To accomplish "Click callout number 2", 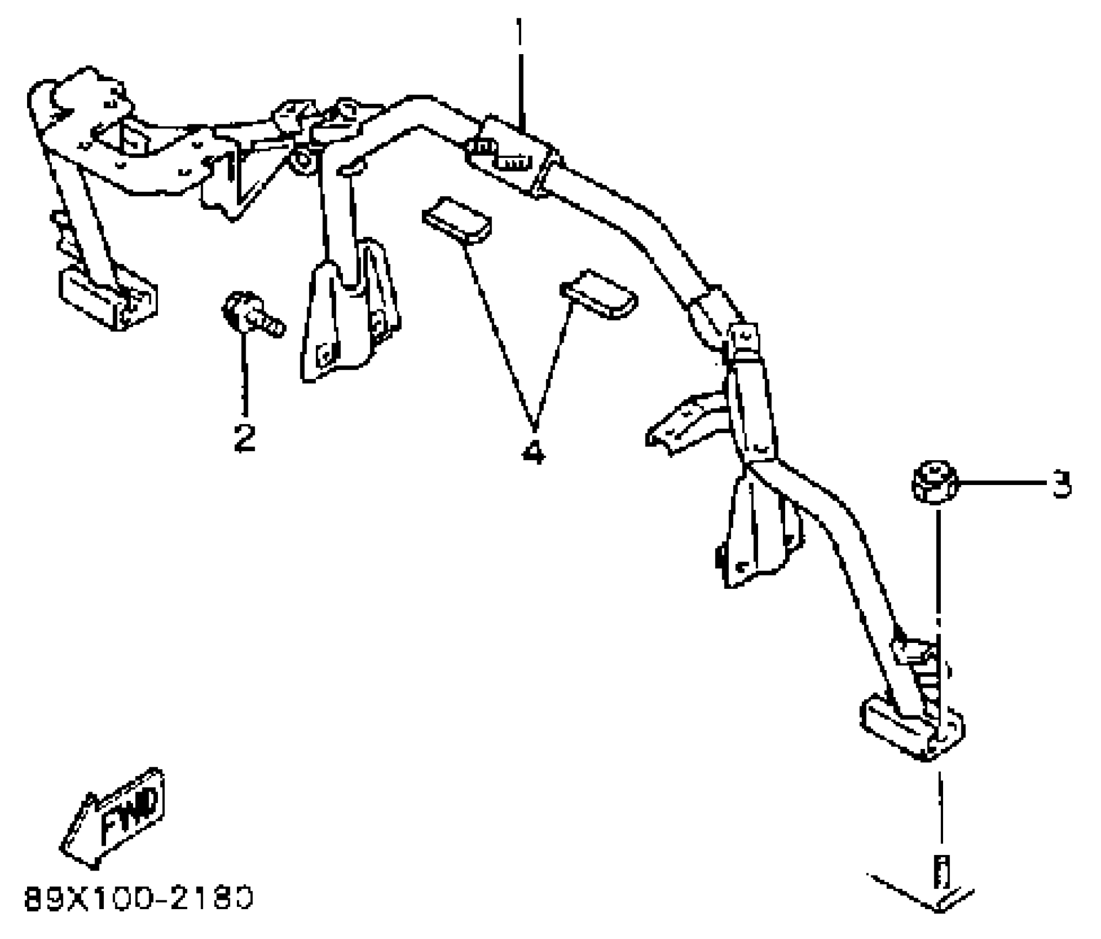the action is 245,437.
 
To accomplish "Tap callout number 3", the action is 1061,484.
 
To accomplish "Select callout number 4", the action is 533,451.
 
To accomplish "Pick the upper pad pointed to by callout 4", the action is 457,220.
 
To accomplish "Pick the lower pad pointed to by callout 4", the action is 599,294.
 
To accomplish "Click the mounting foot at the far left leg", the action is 108,298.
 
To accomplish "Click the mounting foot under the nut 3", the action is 911,728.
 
